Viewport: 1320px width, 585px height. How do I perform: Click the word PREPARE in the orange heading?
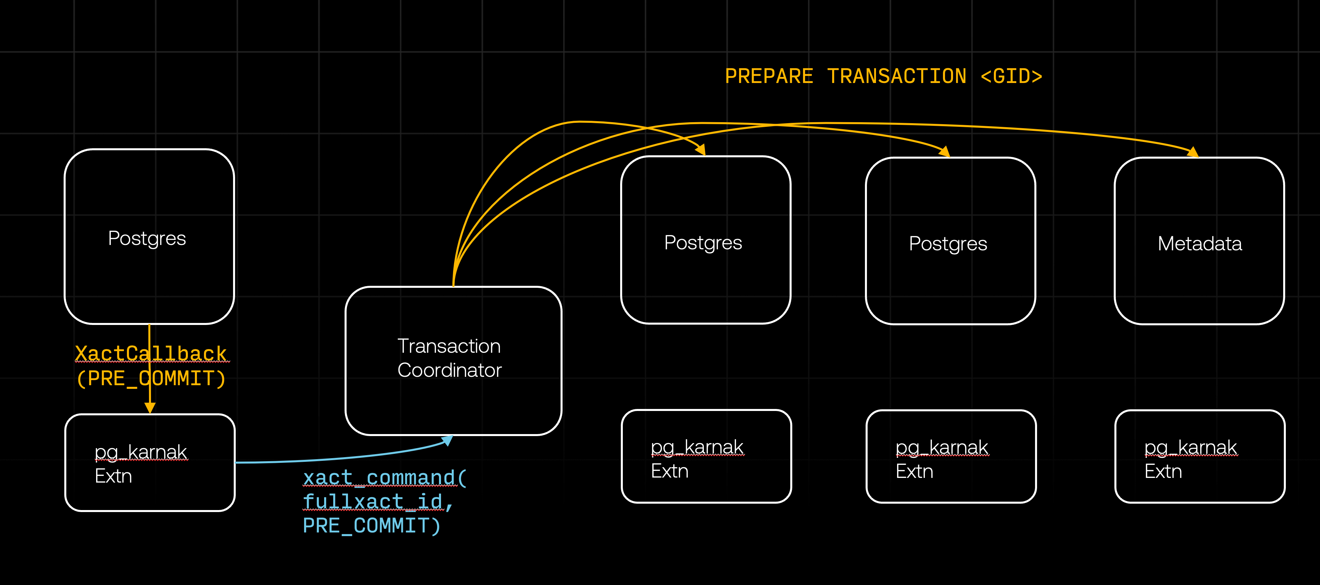click(x=768, y=76)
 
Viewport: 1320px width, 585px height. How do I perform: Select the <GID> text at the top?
click(x=1011, y=76)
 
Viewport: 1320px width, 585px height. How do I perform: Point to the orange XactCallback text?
click(x=151, y=353)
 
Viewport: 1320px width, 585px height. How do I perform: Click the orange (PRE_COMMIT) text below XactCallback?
click(x=151, y=379)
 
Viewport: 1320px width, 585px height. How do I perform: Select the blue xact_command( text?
click(x=384, y=478)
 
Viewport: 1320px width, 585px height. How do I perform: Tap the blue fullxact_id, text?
click(x=378, y=502)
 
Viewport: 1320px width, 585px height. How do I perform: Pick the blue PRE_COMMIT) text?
click(x=371, y=525)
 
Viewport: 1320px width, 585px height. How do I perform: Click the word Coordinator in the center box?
click(x=449, y=370)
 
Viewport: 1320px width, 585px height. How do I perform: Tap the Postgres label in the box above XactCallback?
click(x=147, y=238)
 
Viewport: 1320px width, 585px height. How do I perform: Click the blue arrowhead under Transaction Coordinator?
click(x=447, y=440)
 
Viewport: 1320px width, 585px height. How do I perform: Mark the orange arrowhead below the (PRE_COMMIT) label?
click(x=150, y=407)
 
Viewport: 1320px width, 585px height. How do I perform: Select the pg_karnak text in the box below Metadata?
click(x=1190, y=447)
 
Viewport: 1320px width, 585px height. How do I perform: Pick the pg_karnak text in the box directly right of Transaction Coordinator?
click(x=697, y=447)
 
